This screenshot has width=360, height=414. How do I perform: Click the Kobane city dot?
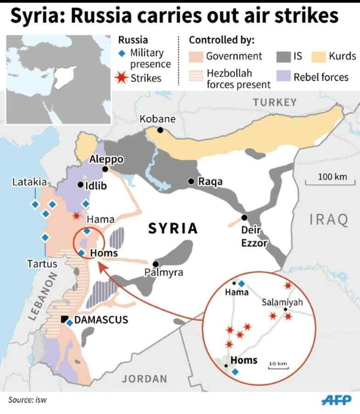click(x=160, y=130)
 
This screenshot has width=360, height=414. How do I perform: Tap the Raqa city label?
click(x=210, y=182)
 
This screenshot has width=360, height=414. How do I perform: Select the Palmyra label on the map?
click(x=164, y=273)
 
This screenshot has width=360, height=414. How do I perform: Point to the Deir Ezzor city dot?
click(x=245, y=217)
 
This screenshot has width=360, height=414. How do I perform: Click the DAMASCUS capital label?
click(x=101, y=320)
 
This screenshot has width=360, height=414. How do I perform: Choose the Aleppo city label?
click(x=106, y=159)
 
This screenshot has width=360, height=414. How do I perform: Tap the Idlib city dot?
click(x=80, y=185)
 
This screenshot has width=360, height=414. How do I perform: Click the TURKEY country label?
click(x=274, y=102)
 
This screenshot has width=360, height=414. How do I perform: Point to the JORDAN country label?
click(x=144, y=379)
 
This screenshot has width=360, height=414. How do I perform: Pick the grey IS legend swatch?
click(x=282, y=56)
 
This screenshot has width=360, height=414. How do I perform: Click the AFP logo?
click(x=336, y=399)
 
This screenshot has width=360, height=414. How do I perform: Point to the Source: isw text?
click(x=27, y=400)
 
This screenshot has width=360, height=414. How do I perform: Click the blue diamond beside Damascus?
click(x=69, y=323)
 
